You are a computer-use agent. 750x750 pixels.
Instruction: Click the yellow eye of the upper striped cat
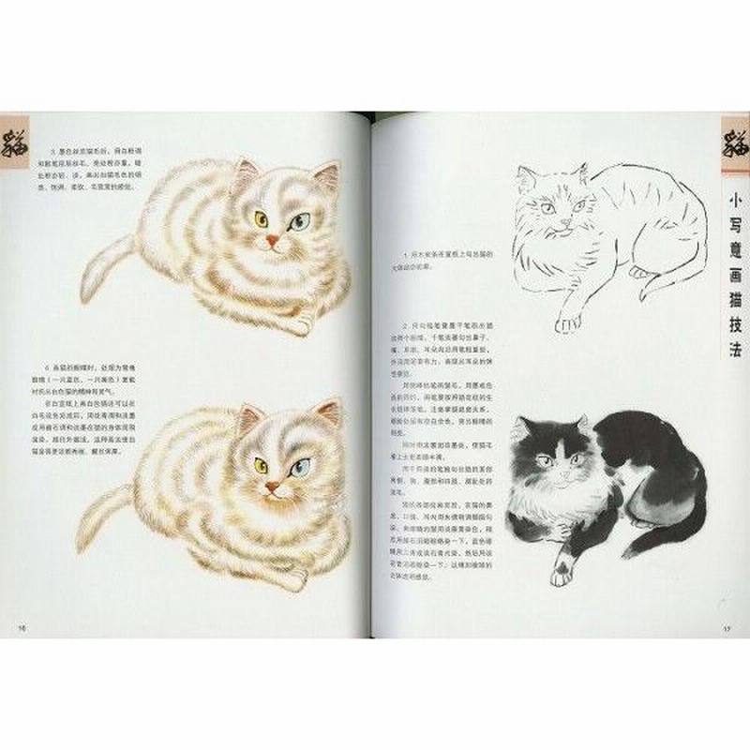coord(262,218)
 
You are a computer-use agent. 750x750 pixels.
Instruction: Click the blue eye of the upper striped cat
coord(298,222)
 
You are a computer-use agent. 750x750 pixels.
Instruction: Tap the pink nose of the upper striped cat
coord(273,241)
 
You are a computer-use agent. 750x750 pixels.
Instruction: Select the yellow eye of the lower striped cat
coord(262,464)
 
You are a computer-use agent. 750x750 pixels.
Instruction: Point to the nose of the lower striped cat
coord(274,487)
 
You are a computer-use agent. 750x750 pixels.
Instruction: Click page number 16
coord(20,626)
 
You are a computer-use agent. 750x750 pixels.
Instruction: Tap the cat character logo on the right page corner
coord(732,142)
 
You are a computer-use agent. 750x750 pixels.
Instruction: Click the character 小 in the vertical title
coord(733,199)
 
